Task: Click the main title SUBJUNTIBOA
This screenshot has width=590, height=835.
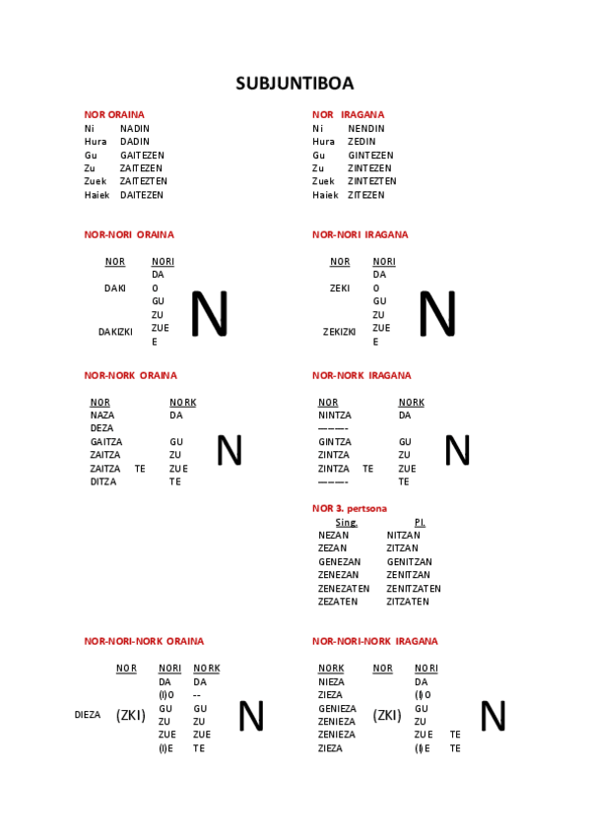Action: (295, 84)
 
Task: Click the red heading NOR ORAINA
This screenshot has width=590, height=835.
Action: (113, 114)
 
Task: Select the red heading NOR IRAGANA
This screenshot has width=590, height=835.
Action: (348, 114)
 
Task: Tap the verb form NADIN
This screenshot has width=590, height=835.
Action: (134, 128)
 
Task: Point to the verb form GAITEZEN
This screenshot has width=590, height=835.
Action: (142, 155)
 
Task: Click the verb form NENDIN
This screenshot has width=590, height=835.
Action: (365, 128)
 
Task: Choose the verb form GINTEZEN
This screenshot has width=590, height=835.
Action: (369, 155)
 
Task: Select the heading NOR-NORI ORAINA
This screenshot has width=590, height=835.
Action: (129, 234)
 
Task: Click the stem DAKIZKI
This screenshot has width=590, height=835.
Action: (115, 332)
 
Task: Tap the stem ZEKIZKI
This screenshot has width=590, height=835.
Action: (339, 332)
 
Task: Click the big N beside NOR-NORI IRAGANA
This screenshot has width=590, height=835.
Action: (436, 314)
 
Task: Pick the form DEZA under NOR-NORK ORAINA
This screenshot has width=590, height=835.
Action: (101, 428)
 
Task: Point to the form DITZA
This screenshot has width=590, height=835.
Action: (103, 482)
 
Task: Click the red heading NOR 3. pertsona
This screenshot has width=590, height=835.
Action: (349, 508)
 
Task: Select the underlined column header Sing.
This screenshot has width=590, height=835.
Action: (346, 522)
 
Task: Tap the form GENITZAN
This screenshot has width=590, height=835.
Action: (409, 561)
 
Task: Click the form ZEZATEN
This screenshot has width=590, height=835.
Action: (338, 601)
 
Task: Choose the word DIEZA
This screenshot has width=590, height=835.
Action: (88, 715)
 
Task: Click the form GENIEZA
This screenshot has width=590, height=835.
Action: (337, 708)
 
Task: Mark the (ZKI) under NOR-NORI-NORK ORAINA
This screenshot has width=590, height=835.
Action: (130, 715)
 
